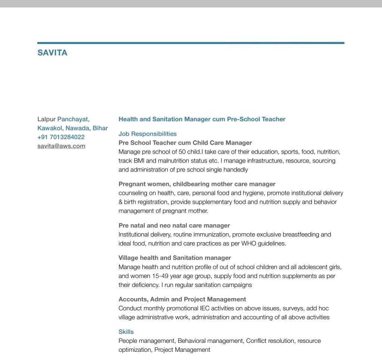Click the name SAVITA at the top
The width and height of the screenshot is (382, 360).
[x=52, y=53]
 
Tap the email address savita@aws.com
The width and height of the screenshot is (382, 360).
[x=61, y=146]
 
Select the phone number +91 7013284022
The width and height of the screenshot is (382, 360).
[x=61, y=137]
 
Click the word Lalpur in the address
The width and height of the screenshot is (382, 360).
[x=46, y=119]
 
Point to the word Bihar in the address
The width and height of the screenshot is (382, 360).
[x=100, y=128]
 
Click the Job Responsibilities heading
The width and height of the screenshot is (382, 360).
[x=147, y=134]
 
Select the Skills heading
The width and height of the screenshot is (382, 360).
[x=126, y=332]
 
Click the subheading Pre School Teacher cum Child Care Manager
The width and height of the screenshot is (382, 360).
[x=185, y=143]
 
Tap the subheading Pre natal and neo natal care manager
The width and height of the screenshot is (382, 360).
[x=174, y=225]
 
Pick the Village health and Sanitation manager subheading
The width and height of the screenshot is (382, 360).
[x=175, y=258]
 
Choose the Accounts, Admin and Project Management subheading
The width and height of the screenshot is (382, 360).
[x=182, y=299]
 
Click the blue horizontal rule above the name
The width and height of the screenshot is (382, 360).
[x=191, y=43]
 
